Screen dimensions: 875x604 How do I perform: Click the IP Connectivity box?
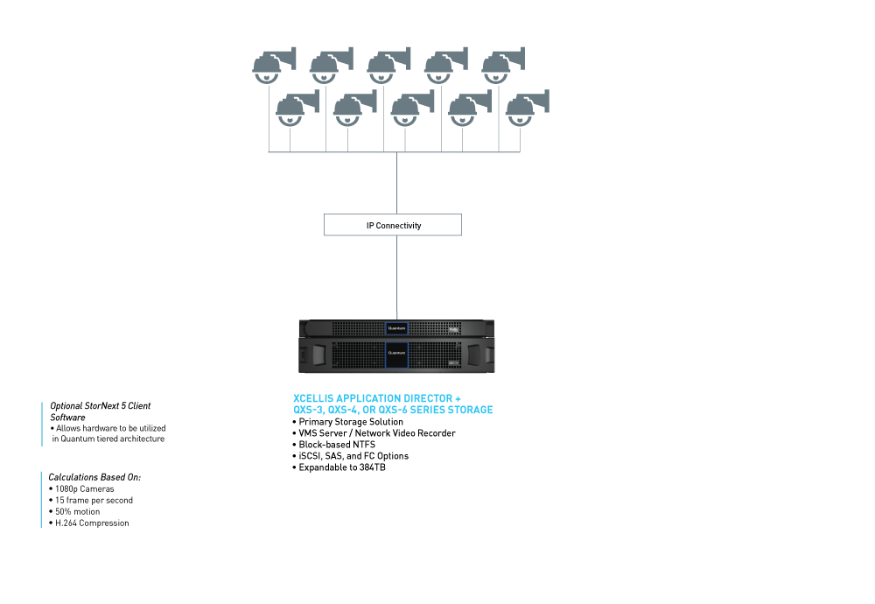[393, 225]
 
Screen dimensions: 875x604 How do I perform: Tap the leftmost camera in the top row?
[273, 66]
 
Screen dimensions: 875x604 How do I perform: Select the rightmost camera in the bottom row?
[528, 108]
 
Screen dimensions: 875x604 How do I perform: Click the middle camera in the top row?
[388, 66]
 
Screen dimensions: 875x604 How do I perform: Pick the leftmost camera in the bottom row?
[297, 108]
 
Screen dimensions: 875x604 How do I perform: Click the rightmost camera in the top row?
[503, 66]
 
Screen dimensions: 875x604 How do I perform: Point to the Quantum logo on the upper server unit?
[396, 328]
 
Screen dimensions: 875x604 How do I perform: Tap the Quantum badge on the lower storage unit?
[396, 355]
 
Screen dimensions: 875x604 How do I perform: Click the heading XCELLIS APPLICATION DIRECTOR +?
[377, 398]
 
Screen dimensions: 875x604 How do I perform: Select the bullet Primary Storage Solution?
[347, 422]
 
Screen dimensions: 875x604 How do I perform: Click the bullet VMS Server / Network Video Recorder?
[374, 433]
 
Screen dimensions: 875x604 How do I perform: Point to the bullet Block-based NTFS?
[333, 445]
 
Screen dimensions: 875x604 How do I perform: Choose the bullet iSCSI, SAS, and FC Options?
[351, 456]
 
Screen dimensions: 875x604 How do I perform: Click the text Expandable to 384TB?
[342, 467]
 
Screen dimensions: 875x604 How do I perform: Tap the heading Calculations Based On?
[94, 477]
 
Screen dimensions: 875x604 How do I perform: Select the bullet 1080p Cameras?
[81, 489]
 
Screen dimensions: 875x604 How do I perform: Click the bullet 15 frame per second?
[91, 500]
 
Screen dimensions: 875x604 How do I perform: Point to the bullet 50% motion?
[74, 511]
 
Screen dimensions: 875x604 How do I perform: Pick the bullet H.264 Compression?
[88, 523]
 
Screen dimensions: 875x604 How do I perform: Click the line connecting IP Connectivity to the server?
[396, 277]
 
